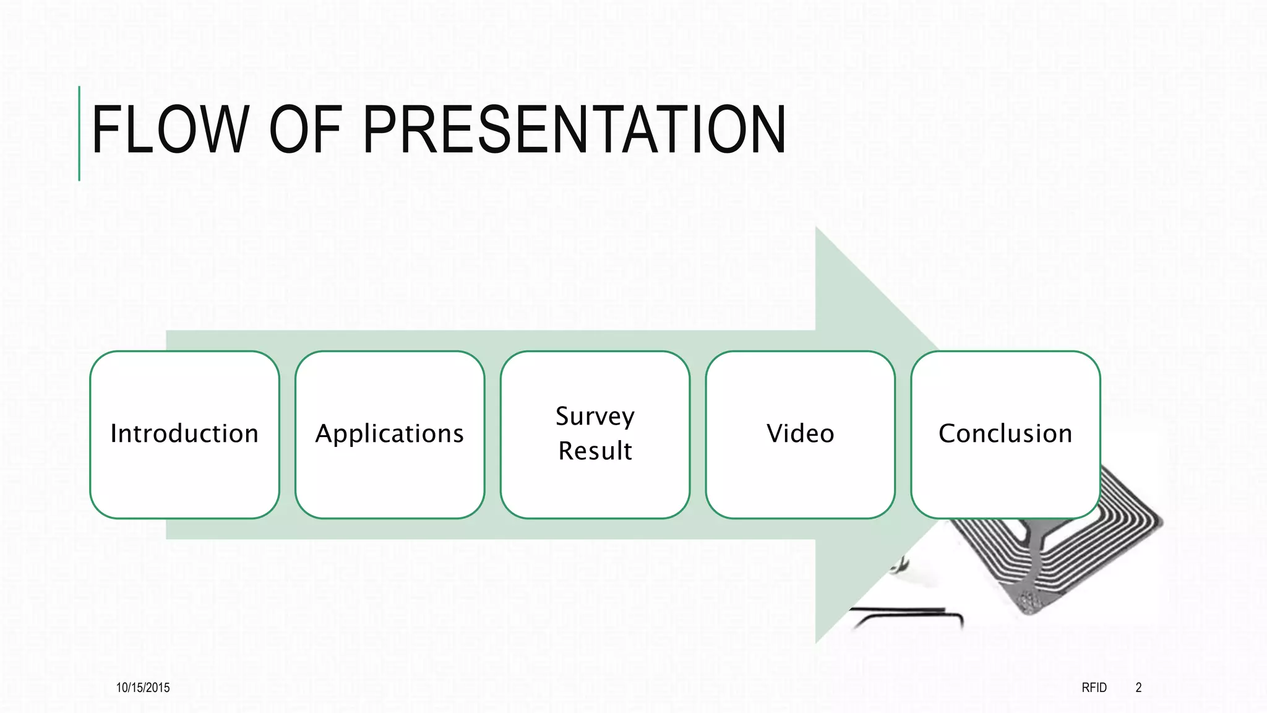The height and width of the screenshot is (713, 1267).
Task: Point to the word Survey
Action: [595, 417]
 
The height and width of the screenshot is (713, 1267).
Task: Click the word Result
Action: [595, 451]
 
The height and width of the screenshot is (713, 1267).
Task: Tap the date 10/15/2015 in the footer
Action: [143, 688]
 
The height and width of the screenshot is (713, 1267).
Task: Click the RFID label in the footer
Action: [1094, 688]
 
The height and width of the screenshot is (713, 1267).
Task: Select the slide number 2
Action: [1138, 688]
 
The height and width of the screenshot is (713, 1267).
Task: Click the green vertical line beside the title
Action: [79, 134]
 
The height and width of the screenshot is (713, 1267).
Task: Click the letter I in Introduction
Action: [114, 433]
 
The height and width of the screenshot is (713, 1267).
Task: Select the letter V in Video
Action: [776, 433]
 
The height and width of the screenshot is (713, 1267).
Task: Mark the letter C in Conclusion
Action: [948, 433]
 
